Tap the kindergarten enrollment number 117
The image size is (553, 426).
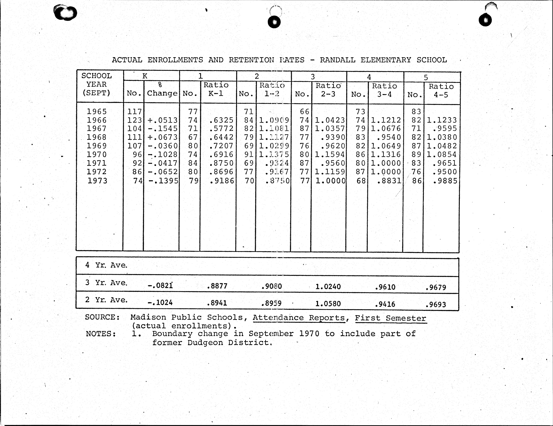134,112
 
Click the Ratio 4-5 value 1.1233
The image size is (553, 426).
442,120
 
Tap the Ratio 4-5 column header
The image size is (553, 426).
441,90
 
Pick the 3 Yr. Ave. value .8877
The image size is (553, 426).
217,286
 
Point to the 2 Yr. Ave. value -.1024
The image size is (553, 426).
160,302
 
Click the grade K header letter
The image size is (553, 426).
145,76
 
